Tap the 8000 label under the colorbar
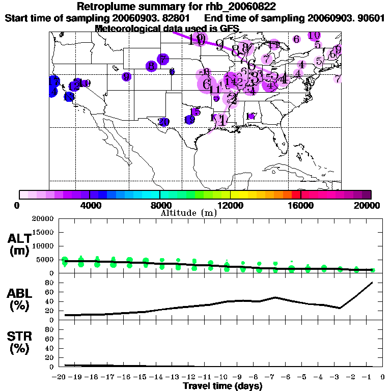click(159, 205)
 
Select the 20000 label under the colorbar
click(367, 205)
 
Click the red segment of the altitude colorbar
click(296, 194)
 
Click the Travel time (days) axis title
click(223, 386)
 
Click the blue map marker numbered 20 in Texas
click(163, 122)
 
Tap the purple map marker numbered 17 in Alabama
click(251, 117)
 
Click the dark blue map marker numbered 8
click(151, 66)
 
